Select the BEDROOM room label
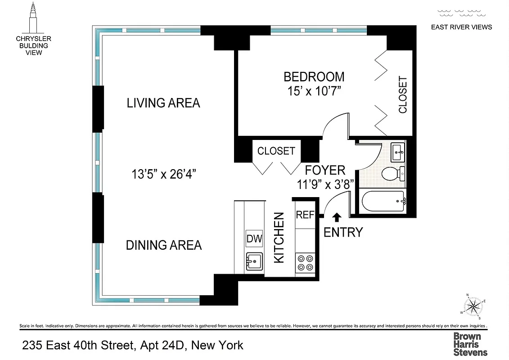click(x=314, y=76)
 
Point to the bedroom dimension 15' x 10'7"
click(x=314, y=91)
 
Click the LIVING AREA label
click(x=163, y=103)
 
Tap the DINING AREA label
click(x=163, y=245)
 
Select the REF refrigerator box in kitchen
click(x=305, y=215)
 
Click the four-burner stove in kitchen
click(x=305, y=262)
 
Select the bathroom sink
click(x=398, y=151)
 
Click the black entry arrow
click(x=336, y=217)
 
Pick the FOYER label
click(x=325, y=170)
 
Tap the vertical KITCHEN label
click(x=279, y=238)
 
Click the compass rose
click(x=474, y=306)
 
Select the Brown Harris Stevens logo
click(x=470, y=344)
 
